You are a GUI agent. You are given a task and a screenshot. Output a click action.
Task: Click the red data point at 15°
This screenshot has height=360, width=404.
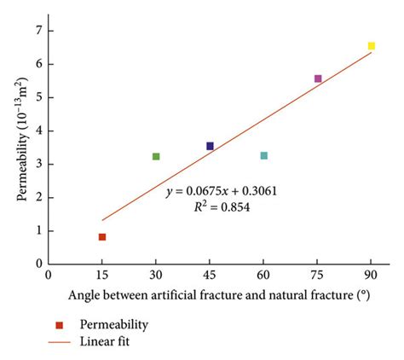pos(102,237)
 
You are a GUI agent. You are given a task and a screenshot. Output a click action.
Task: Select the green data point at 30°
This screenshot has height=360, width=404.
pos(156,156)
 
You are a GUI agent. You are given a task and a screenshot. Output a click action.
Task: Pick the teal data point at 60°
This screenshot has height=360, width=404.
pos(264,155)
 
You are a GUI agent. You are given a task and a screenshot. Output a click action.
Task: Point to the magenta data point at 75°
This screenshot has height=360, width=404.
pos(318,78)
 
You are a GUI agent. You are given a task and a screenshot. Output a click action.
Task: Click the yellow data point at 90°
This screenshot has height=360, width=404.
pos(372,46)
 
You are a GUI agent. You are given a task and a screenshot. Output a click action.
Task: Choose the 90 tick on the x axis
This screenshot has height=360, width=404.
pos(372,276)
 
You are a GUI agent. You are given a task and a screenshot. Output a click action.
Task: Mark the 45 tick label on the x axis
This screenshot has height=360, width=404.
pos(210,276)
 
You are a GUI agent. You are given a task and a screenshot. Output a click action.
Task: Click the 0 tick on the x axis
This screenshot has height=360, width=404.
pos(49,276)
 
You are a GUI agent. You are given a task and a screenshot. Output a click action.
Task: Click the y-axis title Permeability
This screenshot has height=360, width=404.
pos(20,145)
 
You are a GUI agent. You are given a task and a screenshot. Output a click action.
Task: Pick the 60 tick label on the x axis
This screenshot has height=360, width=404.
pos(264,276)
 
